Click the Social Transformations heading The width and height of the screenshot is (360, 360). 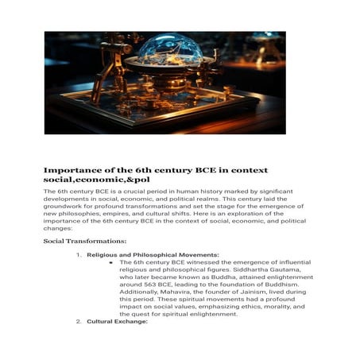[x=85, y=240]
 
